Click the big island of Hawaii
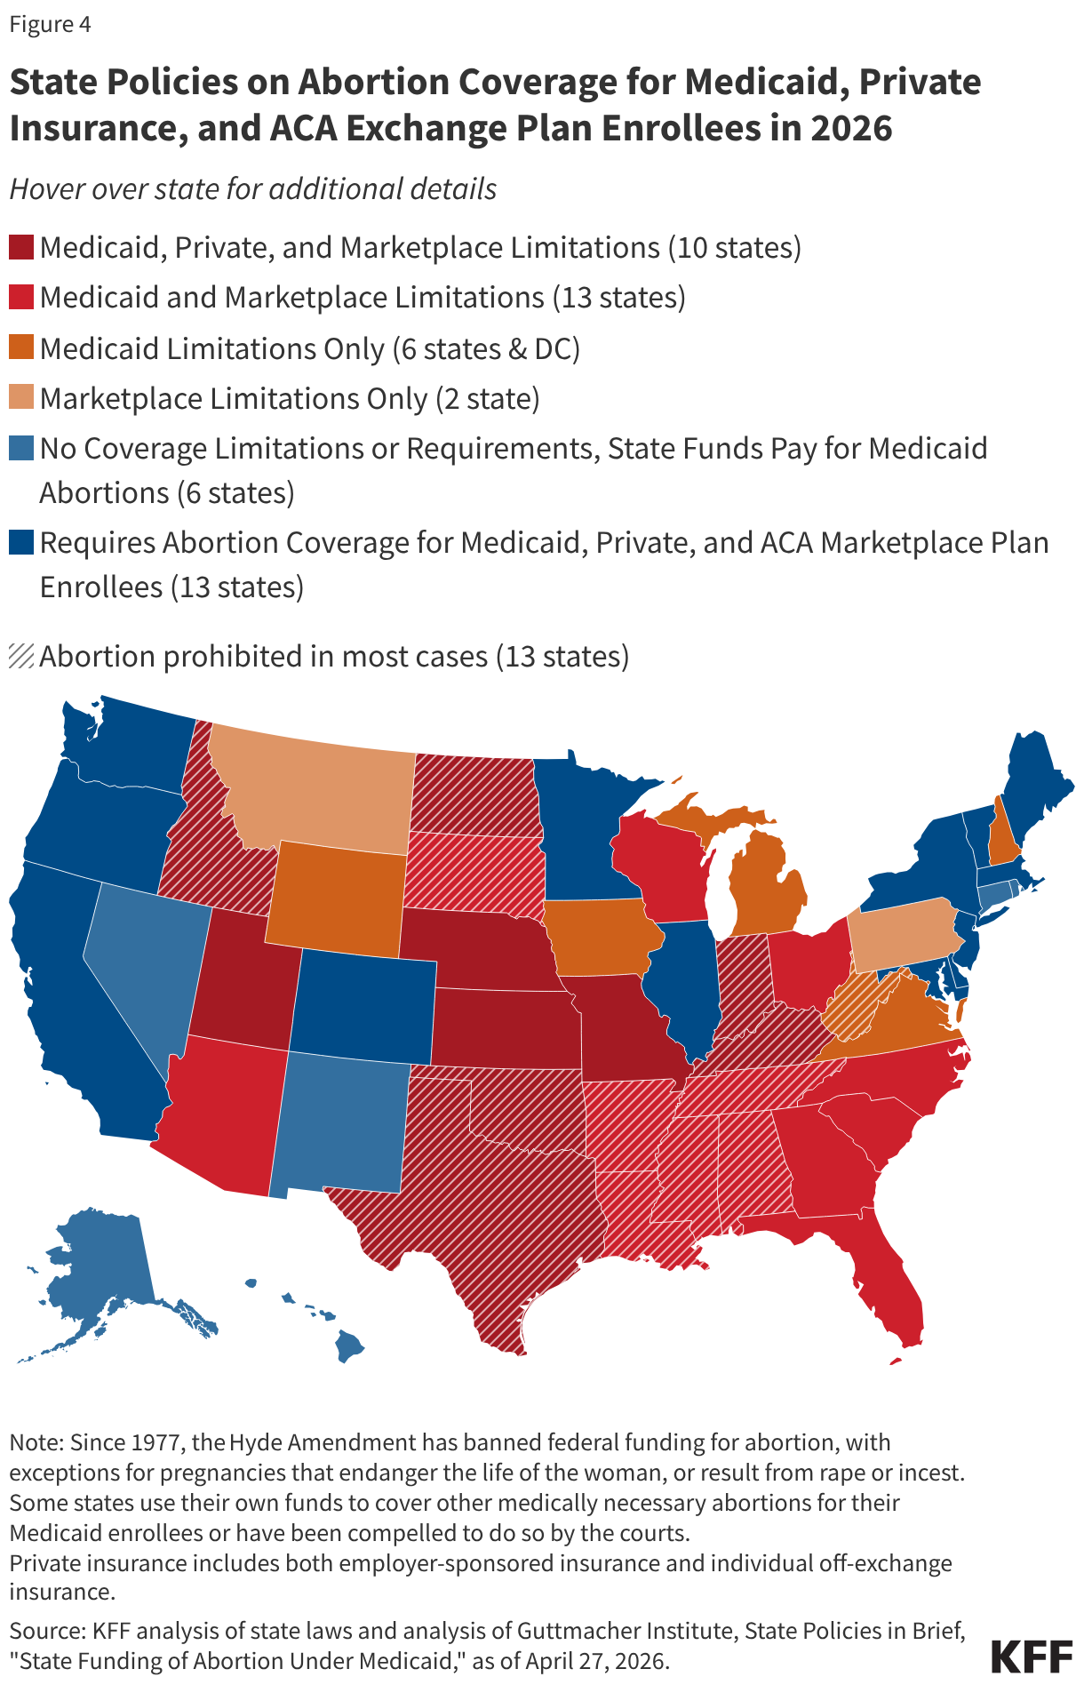[x=349, y=1346]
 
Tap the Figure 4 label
[x=50, y=24]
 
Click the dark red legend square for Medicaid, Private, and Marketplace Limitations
[x=21, y=247]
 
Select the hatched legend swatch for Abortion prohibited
[x=21, y=656]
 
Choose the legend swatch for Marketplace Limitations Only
[x=21, y=397]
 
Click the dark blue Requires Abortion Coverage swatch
[x=21, y=542]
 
